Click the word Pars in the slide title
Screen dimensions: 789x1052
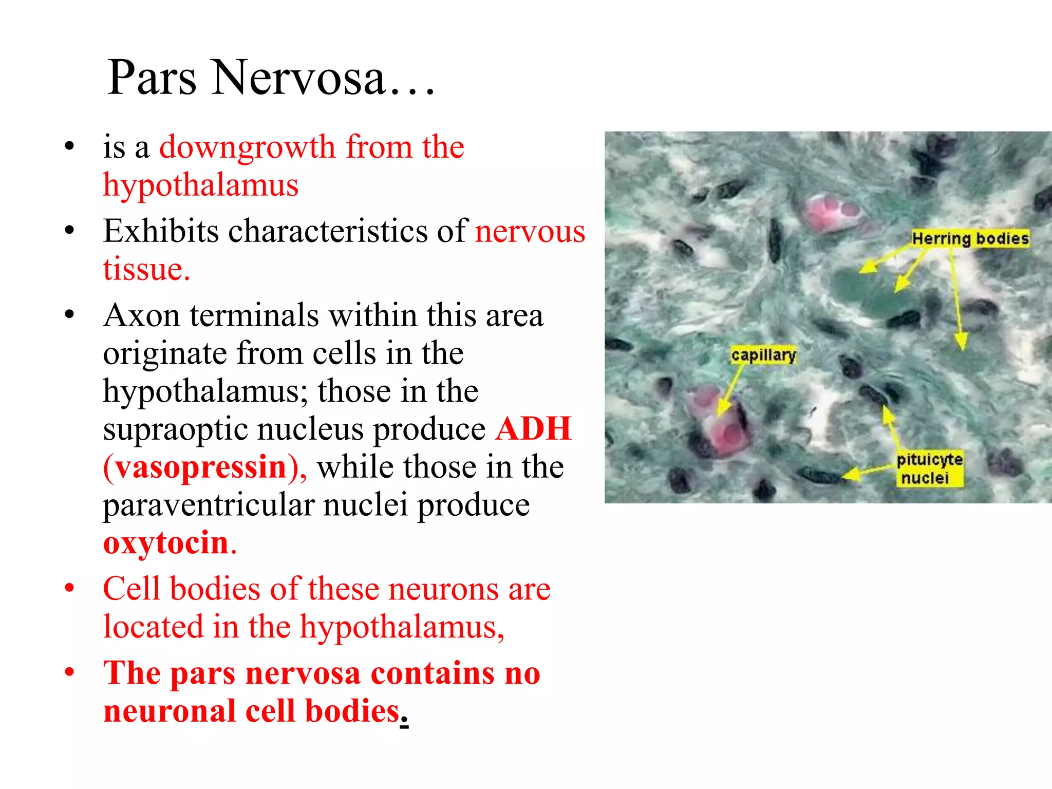click(x=152, y=78)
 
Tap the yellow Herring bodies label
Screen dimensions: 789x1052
click(x=970, y=238)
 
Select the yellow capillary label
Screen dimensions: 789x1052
click(x=763, y=355)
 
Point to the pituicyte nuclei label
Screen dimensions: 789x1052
click(x=929, y=468)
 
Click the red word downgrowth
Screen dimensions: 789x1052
click(x=247, y=147)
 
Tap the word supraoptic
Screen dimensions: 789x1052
click(x=175, y=429)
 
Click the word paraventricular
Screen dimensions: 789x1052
click(x=208, y=505)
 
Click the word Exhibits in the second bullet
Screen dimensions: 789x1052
click(x=160, y=231)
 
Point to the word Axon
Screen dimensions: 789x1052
click(x=141, y=315)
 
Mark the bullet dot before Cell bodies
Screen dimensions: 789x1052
click(x=70, y=587)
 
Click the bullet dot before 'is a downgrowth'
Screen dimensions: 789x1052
click(x=70, y=146)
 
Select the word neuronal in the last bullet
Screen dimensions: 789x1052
click(x=170, y=711)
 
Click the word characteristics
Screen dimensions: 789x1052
click(x=327, y=231)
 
